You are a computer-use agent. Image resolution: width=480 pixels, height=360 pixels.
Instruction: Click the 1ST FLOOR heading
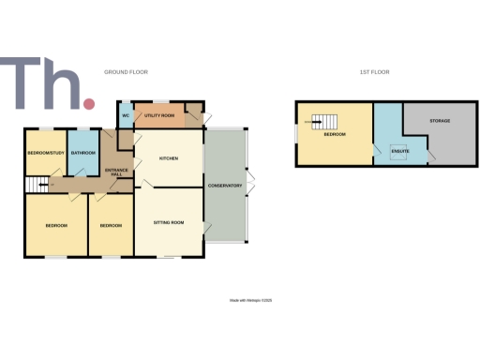click(374, 72)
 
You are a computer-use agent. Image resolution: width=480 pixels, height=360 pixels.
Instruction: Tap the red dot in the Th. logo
click(89, 102)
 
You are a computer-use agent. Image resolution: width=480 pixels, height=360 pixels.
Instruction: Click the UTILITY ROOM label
click(159, 115)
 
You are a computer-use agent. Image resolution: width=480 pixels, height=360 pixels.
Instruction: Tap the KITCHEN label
click(169, 158)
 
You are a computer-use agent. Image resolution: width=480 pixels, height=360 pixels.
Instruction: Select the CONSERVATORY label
click(225, 186)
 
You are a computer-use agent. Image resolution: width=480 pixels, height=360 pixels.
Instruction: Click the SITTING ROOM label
click(169, 222)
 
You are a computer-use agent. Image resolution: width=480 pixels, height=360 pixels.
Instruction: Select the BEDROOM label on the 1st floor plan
click(335, 134)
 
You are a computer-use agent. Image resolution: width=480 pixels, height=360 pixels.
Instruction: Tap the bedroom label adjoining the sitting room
click(112, 225)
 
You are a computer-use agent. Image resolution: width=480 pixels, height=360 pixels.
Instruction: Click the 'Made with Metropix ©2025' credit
click(249, 300)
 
